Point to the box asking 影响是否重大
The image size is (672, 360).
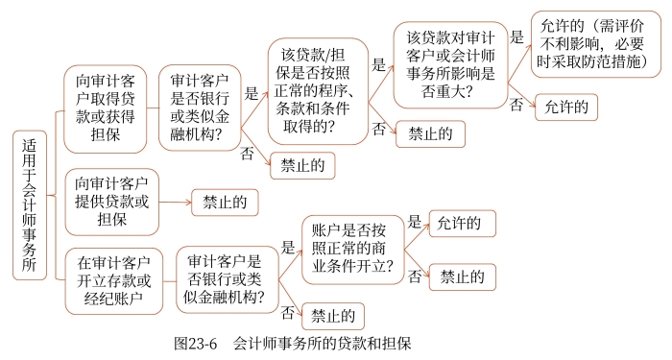coord(449,63)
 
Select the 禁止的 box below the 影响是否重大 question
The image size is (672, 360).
coord(430,132)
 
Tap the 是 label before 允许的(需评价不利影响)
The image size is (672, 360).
coord(516,38)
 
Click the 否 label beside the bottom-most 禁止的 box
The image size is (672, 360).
coord(287,311)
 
